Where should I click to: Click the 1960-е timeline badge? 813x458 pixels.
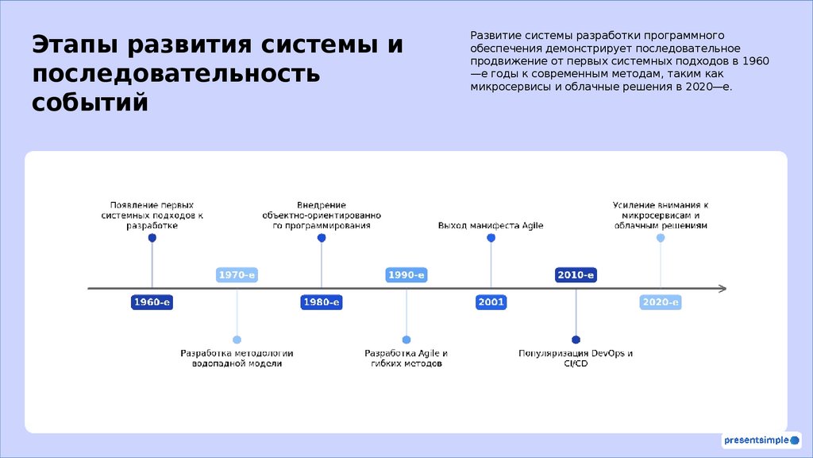point(152,302)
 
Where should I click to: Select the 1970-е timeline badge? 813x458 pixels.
point(237,275)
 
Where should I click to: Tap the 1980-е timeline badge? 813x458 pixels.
point(322,302)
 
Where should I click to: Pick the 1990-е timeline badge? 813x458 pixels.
point(406,275)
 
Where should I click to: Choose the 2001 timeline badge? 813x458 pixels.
point(491,302)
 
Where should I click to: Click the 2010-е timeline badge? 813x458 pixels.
point(576,275)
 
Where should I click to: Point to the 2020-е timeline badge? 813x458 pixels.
point(661,302)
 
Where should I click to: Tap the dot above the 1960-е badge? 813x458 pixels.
point(152,238)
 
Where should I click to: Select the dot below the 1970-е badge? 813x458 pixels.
point(237,340)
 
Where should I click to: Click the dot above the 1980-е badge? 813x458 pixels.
point(322,238)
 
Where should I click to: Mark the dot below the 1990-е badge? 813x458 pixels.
point(406,340)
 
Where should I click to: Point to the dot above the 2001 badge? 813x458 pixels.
point(491,238)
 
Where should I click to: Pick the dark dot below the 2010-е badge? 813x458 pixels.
point(576,340)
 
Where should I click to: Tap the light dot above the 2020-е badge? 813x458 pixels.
point(661,238)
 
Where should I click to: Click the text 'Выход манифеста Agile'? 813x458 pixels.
point(491,226)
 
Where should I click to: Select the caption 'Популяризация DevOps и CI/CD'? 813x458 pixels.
point(576,358)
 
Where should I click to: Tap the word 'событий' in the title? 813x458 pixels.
point(90,103)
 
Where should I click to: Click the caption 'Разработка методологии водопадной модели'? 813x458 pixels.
point(237,358)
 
